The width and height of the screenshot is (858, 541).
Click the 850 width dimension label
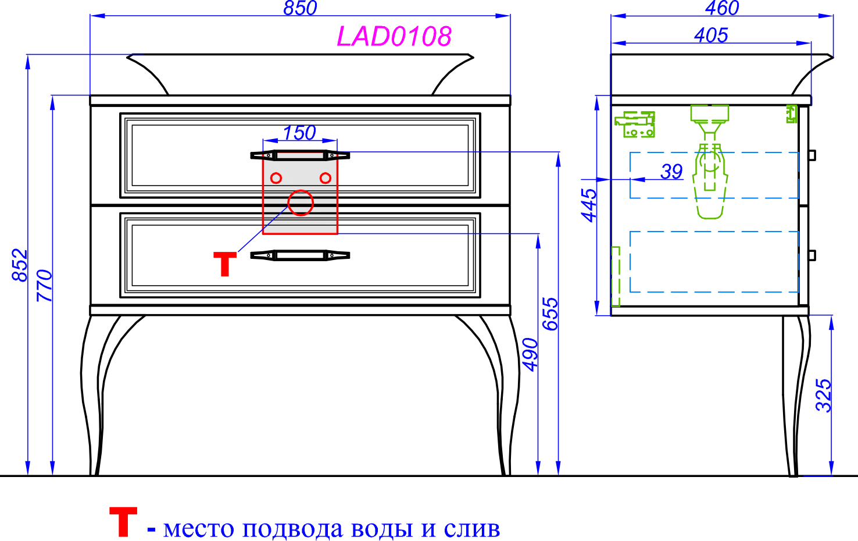click(x=300, y=8)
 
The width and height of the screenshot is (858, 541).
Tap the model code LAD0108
click(x=394, y=37)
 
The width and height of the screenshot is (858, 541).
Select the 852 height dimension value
click(x=20, y=265)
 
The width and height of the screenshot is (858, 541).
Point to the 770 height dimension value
click(x=44, y=286)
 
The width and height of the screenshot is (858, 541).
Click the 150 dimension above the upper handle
click(x=299, y=133)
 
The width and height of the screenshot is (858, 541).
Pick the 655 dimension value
click(x=550, y=314)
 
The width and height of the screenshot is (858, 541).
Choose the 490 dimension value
click(x=531, y=355)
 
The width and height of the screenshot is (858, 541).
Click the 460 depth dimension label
click(x=722, y=8)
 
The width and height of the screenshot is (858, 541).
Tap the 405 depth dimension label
click(x=711, y=35)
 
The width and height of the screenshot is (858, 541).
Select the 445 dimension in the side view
click(x=589, y=205)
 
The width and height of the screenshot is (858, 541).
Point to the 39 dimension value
click(x=671, y=172)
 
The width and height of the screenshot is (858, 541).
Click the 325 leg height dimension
click(x=824, y=396)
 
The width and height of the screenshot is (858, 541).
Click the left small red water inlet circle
click(x=276, y=178)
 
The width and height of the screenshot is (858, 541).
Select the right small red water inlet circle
click(x=326, y=178)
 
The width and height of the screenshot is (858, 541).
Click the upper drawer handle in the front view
click(x=300, y=156)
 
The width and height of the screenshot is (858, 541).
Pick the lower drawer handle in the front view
click(x=300, y=255)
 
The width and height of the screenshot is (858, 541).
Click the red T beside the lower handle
click(x=225, y=264)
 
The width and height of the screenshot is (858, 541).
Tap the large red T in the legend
click(x=123, y=522)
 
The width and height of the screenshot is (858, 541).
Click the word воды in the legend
click(x=382, y=529)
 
